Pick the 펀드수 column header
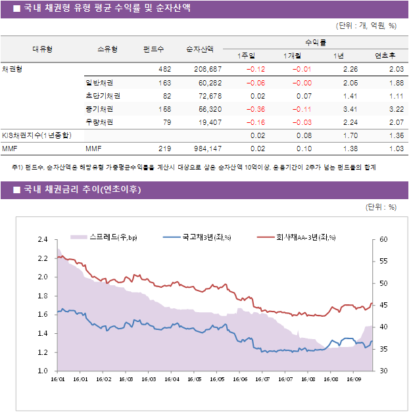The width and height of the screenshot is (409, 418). (153, 49)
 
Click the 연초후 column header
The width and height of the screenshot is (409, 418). (384, 55)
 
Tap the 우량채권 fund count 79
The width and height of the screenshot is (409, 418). (166, 122)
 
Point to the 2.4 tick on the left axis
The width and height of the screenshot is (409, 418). (43, 239)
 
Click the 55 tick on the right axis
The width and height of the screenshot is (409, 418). (383, 261)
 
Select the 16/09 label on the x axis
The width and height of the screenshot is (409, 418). (354, 379)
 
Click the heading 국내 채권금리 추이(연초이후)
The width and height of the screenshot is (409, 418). (82, 190)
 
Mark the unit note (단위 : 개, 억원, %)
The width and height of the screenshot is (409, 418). (366, 26)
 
